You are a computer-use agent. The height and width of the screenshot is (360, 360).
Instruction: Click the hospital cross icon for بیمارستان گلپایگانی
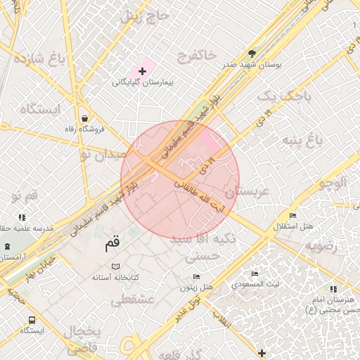[x=143, y=71]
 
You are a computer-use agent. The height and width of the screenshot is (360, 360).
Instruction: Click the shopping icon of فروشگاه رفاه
[x=85, y=117]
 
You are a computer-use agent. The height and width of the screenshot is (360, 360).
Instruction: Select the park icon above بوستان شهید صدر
[x=252, y=53]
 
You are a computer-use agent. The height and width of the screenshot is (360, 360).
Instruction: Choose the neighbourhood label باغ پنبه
[x=302, y=140]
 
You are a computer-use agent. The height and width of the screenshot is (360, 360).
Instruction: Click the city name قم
[x=112, y=243]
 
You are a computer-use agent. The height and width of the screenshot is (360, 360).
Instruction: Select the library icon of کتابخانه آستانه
[x=116, y=267]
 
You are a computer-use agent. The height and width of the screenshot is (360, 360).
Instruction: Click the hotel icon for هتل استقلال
[x=292, y=215]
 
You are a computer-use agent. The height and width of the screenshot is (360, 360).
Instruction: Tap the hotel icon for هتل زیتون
[x=196, y=277]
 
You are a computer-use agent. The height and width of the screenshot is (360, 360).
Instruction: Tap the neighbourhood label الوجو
[x=333, y=184]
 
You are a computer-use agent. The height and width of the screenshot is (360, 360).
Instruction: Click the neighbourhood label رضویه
[x=322, y=247]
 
